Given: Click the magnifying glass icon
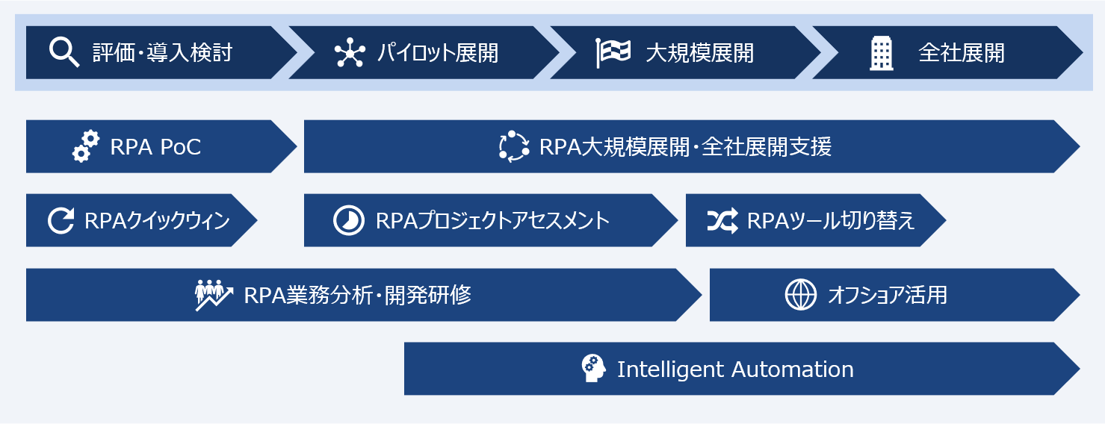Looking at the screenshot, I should (64, 52).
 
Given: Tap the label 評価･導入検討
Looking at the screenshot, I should (162, 53).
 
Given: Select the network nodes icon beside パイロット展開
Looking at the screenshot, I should (349, 53).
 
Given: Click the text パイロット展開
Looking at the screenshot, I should (437, 53).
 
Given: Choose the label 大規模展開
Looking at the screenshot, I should (699, 53).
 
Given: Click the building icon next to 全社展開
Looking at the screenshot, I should (882, 53).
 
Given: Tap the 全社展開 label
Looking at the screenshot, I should (962, 53).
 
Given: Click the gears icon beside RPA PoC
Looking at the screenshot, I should (86, 146).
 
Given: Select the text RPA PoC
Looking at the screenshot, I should (155, 147).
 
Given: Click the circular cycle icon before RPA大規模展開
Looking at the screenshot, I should (513, 146).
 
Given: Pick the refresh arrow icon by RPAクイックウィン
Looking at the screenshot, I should (61, 221).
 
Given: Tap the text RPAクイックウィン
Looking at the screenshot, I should (157, 221).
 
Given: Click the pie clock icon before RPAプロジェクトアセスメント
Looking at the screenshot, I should (347, 221).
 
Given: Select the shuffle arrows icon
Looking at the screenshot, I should (722, 220).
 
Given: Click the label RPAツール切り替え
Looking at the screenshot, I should (831, 221).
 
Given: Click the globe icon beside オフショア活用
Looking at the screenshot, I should (800, 295).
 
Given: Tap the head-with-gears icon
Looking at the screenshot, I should (593, 369).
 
